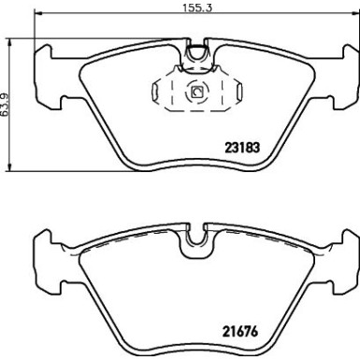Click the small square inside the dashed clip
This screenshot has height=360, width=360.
pos(196,92)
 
